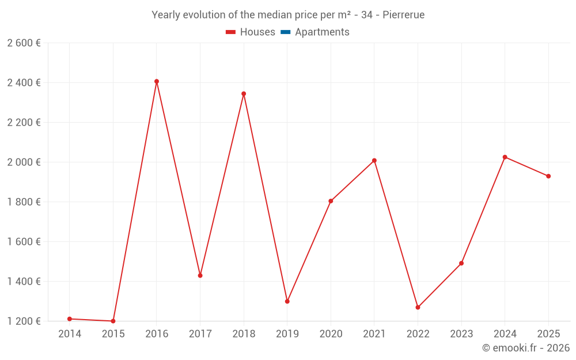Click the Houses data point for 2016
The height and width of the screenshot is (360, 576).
(157, 82)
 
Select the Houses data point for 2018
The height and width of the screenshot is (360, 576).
(244, 94)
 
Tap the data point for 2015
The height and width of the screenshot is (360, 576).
(113, 321)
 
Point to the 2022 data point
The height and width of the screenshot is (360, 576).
(418, 308)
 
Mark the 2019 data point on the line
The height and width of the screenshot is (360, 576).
(287, 301)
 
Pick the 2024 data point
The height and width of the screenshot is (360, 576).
(505, 157)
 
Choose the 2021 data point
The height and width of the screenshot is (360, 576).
(374, 161)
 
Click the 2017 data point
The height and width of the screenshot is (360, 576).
(200, 275)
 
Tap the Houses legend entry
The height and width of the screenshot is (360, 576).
(251, 32)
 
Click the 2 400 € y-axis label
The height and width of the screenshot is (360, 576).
(24, 82)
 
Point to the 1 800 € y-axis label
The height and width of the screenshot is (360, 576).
(24, 202)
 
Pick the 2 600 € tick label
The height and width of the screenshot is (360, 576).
(24, 43)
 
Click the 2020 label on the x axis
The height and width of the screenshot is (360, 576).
(331, 334)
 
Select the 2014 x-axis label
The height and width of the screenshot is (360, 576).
(70, 334)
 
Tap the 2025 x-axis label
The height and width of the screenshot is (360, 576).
(548, 334)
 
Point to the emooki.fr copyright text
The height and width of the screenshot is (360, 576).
(526, 348)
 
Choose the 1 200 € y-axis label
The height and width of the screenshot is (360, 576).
(24, 321)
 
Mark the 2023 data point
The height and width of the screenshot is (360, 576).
(461, 263)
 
